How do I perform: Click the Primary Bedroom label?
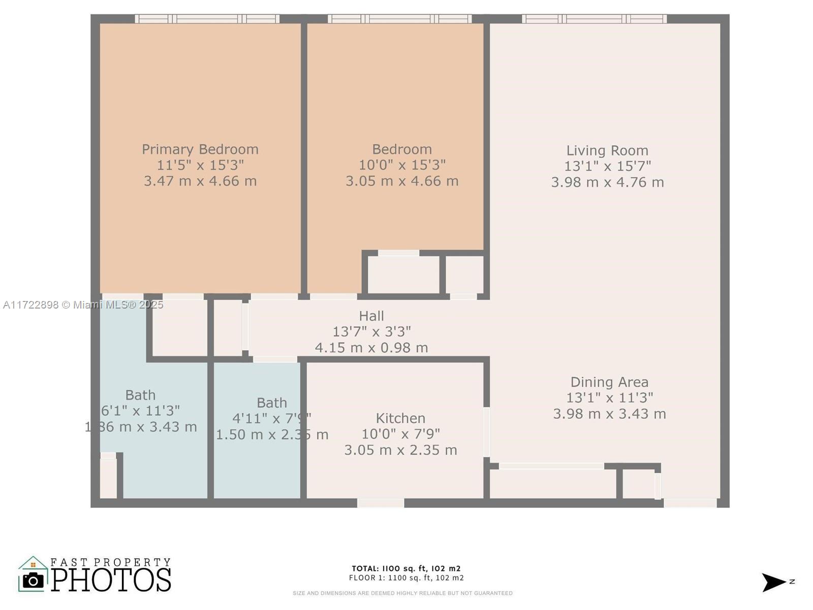click(200, 149)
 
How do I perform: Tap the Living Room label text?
click(607, 150)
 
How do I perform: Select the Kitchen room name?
click(400, 418)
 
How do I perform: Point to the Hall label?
click(371, 316)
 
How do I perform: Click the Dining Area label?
click(609, 382)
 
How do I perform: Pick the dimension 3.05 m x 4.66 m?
click(402, 181)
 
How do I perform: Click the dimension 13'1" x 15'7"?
click(607, 166)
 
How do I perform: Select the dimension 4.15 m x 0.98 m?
click(371, 348)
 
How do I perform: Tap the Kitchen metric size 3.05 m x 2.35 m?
click(400, 450)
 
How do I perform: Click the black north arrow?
click(773, 582)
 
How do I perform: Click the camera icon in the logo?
click(34, 580)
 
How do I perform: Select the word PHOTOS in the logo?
click(111, 580)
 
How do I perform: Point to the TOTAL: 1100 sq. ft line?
click(406, 569)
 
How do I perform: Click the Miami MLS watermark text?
click(83, 304)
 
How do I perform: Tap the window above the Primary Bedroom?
click(207, 19)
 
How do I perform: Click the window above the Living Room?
click(594, 19)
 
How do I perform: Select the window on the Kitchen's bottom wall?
click(381, 503)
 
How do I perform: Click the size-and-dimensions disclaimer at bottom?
click(402, 593)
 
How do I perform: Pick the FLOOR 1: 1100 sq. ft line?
click(406, 578)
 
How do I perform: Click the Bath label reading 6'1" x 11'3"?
click(140, 411)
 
